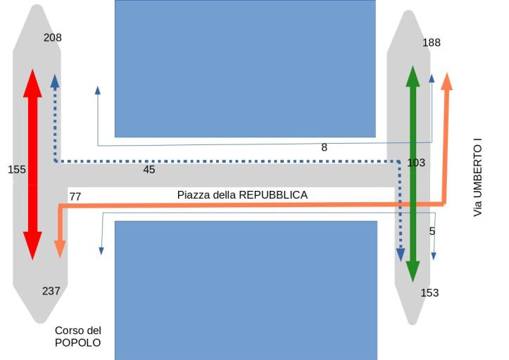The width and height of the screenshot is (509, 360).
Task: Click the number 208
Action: [x=53, y=37]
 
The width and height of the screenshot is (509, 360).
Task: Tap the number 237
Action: [x=51, y=290]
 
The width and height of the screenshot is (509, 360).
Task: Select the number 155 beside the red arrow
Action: [x=17, y=169]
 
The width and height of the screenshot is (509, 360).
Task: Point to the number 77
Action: [x=75, y=197]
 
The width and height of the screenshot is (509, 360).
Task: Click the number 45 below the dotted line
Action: [x=149, y=170]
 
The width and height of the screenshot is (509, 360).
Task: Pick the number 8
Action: [x=324, y=148]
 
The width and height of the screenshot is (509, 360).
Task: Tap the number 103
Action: [x=416, y=163]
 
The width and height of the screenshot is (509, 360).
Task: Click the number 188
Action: [x=432, y=42]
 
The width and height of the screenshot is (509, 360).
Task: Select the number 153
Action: [x=429, y=292]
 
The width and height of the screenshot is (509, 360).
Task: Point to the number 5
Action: [x=432, y=231]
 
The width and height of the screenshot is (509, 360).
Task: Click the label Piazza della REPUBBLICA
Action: [x=242, y=194]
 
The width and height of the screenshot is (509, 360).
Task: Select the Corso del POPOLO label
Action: [x=78, y=336]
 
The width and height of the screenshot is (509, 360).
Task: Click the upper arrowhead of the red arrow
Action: [x=32, y=83]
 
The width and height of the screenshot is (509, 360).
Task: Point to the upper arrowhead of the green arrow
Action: [x=413, y=76]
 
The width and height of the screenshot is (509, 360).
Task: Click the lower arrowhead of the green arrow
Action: [x=413, y=270]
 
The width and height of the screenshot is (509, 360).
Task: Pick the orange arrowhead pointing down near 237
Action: [x=60, y=247]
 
